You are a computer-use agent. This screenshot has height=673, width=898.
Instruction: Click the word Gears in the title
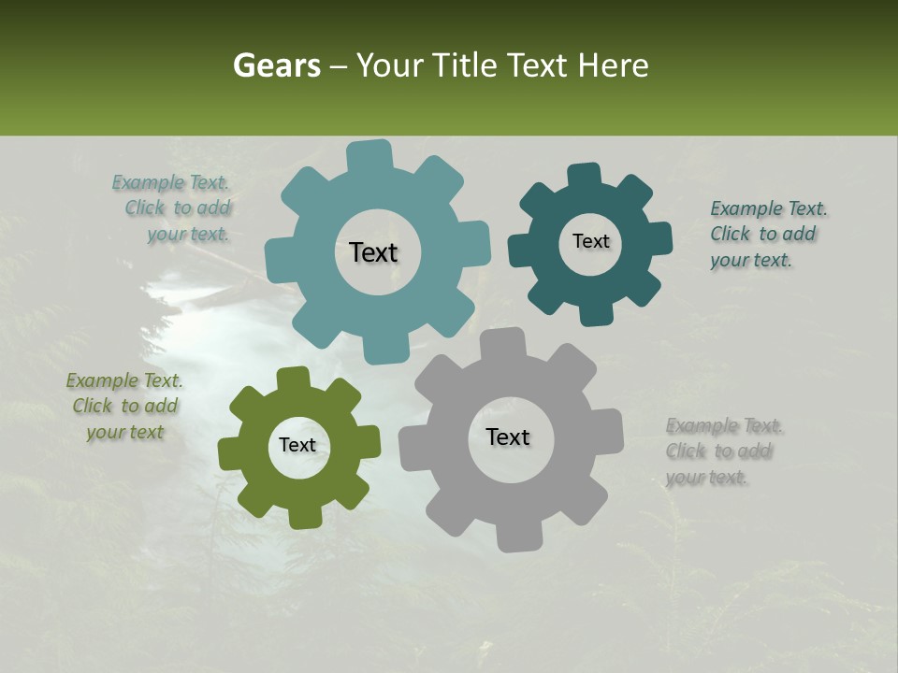(x=275, y=65)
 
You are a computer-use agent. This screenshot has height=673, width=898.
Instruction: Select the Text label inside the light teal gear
(x=373, y=252)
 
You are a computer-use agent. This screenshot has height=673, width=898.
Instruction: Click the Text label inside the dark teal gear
(x=590, y=241)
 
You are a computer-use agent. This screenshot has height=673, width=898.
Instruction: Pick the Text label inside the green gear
(x=297, y=445)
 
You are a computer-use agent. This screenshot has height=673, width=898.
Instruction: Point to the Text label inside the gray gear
(x=508, y=437)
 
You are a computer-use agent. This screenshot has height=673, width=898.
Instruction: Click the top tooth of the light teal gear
(x=369, y=155)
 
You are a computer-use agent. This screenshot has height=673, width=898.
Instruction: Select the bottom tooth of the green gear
(x=302, y=517)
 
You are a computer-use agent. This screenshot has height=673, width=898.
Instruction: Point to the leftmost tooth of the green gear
(x=228, y=452)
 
